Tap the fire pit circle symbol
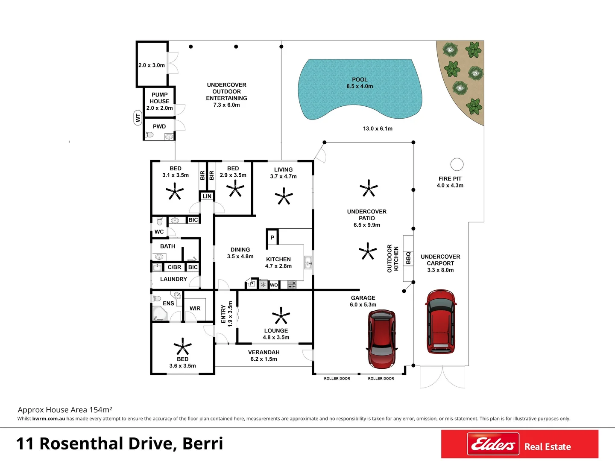pos(457,164)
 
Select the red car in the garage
pos(382,339)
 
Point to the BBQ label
pos(408,257)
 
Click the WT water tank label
pos(138,117)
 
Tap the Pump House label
pos(159,101)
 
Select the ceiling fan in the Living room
pos(284,197)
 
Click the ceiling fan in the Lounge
pos(281,316)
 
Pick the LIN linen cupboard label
pos(207,196)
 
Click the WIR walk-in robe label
pos(195,308)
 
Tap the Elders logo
pos(493,444)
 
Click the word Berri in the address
pos(202,443)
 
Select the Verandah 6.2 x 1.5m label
pos(264,356)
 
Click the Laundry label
pos(173,279)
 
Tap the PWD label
pos(159,126)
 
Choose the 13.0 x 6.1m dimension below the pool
pos(378,128)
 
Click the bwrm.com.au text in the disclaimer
pos(49,419)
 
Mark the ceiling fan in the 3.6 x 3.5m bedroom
pos(182,346)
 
